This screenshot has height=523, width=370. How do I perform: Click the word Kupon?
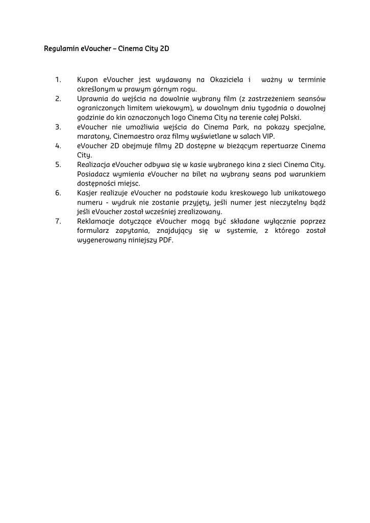[x=88, y=80]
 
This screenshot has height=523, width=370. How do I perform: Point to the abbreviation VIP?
[x=268, y=136]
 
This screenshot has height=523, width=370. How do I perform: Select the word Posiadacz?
[x=93, y=174]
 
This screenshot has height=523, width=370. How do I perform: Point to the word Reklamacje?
[x=97, y=221]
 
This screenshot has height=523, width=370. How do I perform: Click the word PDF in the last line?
[x=165, y=240]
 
